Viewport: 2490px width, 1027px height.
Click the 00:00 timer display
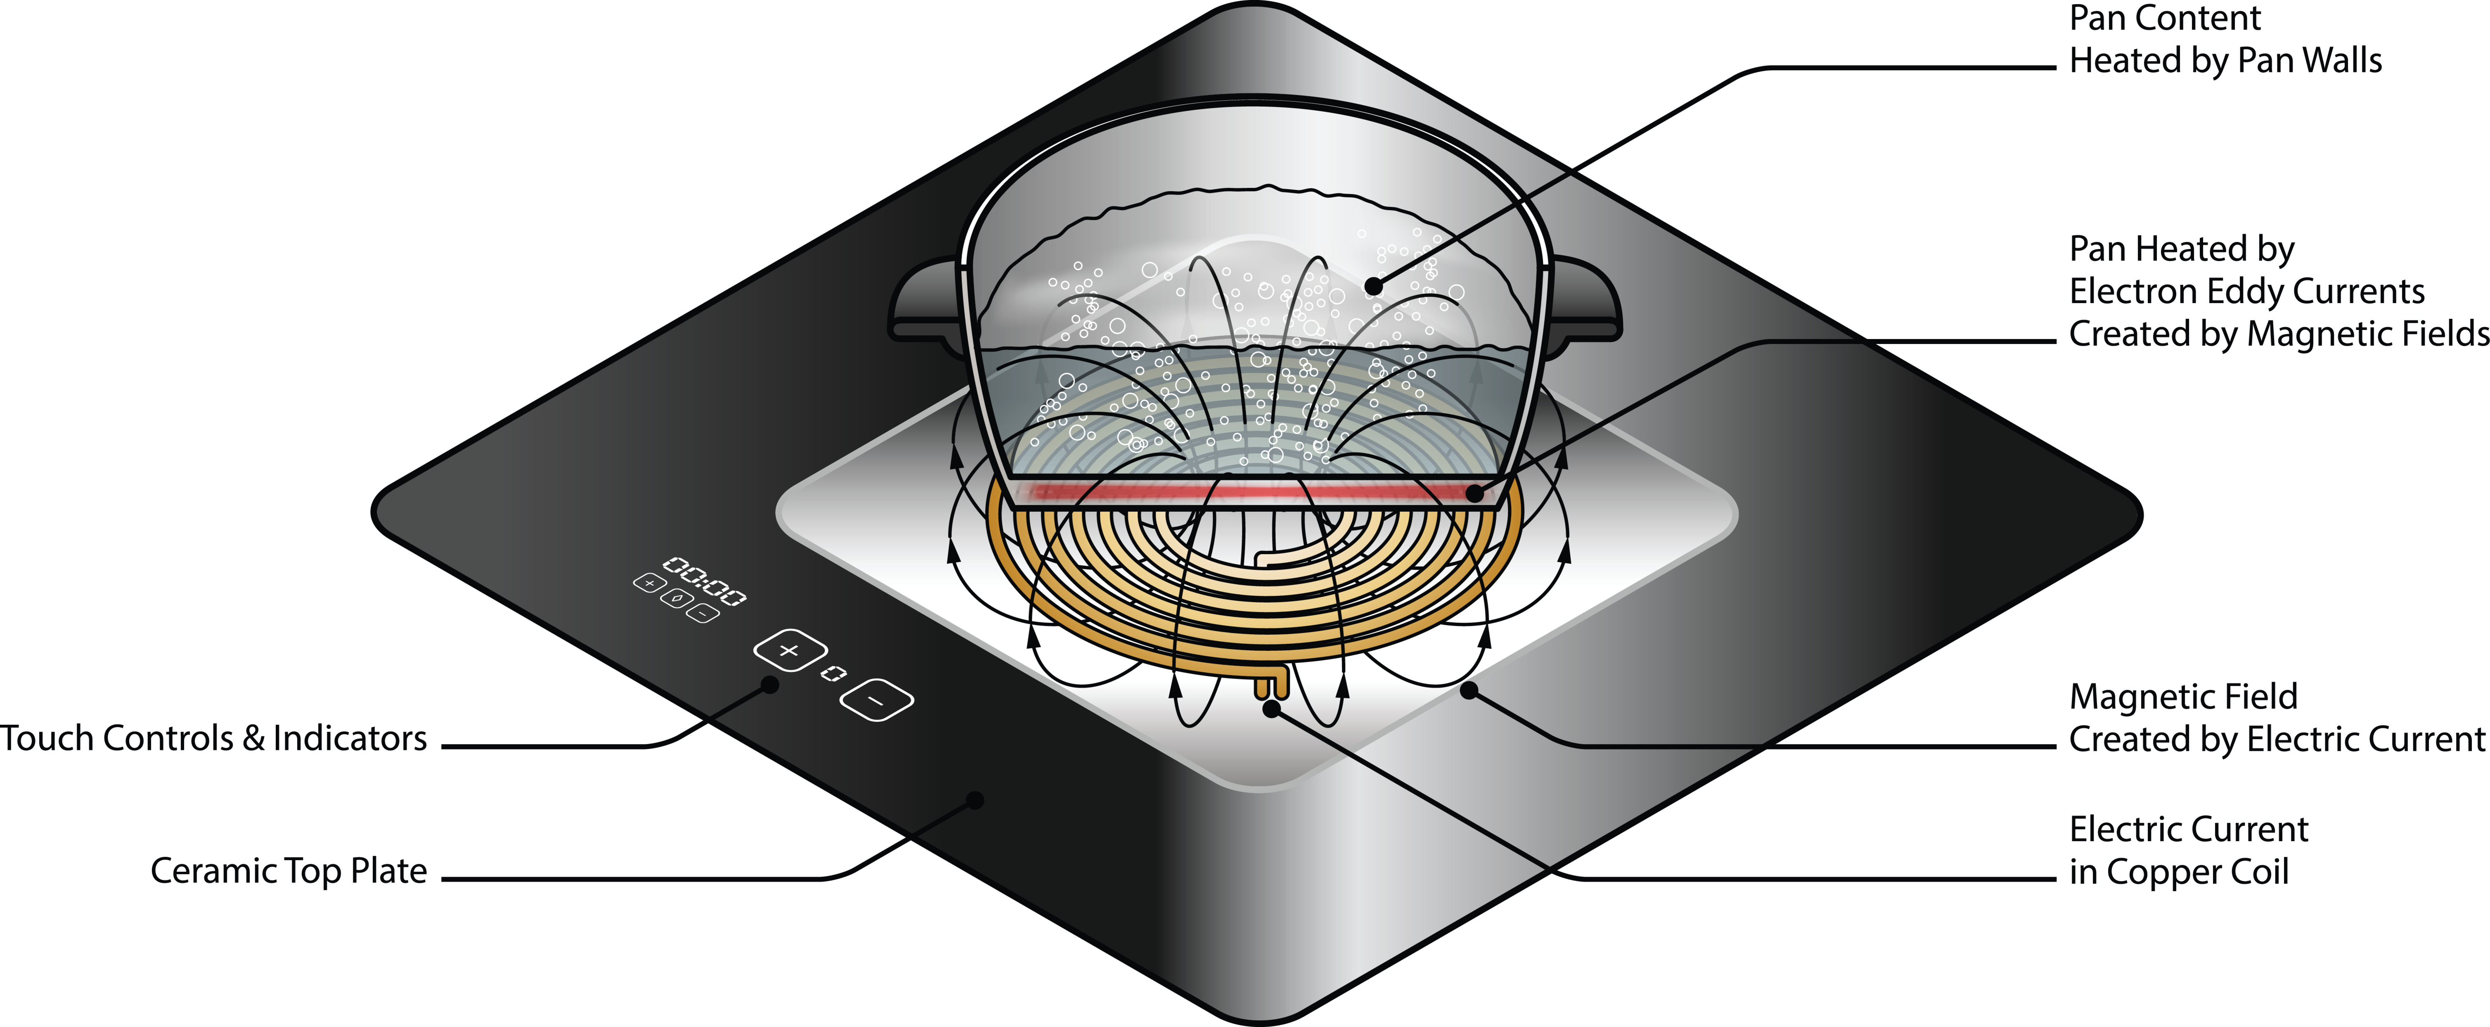704,581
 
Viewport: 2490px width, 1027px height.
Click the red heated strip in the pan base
1257,492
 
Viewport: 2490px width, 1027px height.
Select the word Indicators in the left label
350,739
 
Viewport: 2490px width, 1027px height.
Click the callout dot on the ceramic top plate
975,800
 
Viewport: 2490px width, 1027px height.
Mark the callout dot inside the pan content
1374,285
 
